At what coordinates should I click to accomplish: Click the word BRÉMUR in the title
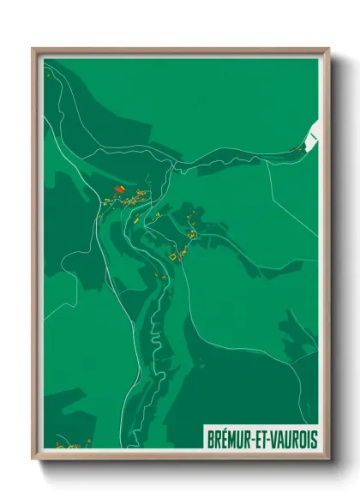coord(228,439)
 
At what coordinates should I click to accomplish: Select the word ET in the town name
coord(259,439)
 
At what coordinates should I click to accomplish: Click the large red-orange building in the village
coord(119,189)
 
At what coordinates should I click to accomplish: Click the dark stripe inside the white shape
coord(314,135)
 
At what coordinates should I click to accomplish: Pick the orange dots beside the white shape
coord(298,148)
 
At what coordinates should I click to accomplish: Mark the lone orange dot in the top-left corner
coord(50,74)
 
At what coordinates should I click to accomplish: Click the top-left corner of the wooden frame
coord(33,49)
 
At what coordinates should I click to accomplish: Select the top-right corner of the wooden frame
coord(328,49)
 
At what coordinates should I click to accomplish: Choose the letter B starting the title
coord(209,439)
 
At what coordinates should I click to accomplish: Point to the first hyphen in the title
coord(252,440)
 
